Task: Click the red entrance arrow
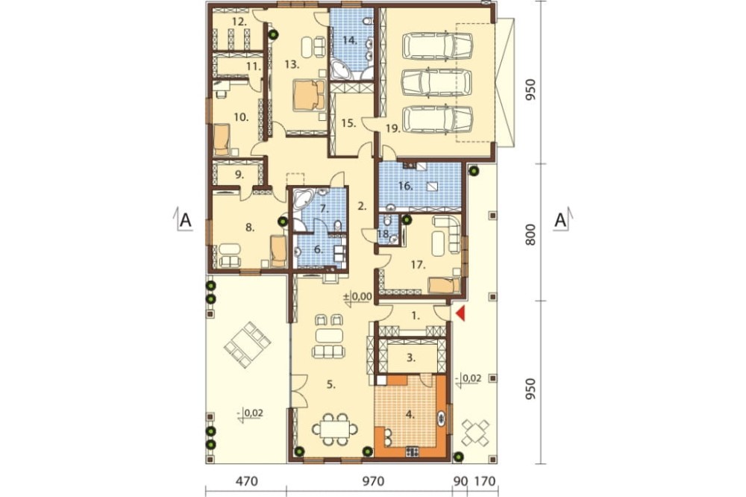460,313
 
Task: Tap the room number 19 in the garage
393,128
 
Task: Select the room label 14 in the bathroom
350,40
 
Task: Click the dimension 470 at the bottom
246,481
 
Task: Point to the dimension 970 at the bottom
373,481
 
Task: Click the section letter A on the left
185,220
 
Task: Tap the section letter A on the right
561,220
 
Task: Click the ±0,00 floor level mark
358,296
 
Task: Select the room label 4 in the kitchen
409,414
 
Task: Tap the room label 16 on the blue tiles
404,186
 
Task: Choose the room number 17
418,265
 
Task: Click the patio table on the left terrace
248,345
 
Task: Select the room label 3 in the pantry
411,357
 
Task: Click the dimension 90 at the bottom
460,481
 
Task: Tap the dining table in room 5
335,429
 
